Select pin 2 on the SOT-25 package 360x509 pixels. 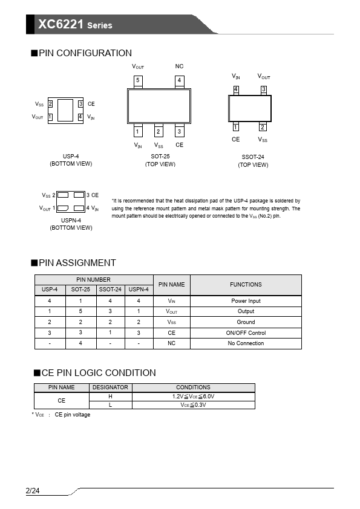click(x=159, y=131)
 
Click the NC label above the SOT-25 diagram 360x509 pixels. click(x=179, y=66)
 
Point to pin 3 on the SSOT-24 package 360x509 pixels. click(x=264, y=89)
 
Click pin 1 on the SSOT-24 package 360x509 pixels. click(x=236, y=127)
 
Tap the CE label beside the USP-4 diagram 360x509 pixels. click(x=91, y=104)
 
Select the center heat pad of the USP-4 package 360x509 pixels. click(x=65, y=111)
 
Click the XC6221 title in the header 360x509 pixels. click(x=61, y=24)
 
